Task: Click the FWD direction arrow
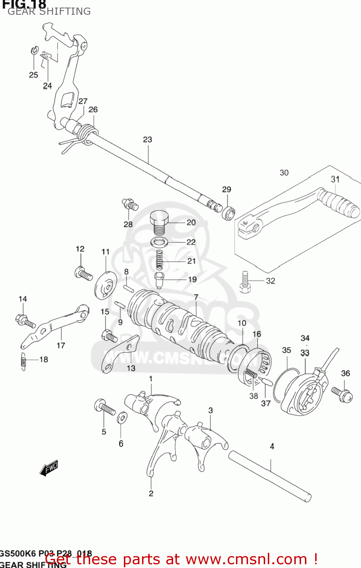click(x=49, y=468)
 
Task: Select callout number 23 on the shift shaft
click(x=147, y=140)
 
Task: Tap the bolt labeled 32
click(x=245, y=282)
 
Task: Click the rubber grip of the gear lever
click(x=338, y=204)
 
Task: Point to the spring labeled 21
click(x=159, y=260)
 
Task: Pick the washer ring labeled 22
click(x=159, y=242)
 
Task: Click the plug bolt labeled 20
click(x=159, y=222)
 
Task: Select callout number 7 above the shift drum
click(x=196, y=297)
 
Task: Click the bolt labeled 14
click(x=25, y=321)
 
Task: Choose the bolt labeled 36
click(x=342, y=394)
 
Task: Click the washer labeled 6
click(x=122, y=418)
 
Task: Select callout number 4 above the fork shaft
click(x=272, y=446)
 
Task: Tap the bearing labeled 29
click(x=228, y=213)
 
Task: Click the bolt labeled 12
click(x=83, y=273)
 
